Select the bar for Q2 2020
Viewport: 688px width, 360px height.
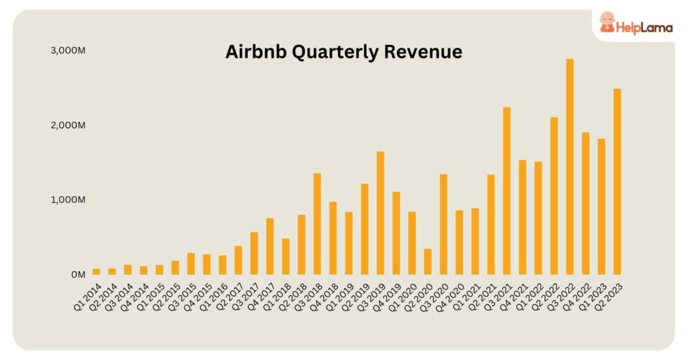pos(428,261)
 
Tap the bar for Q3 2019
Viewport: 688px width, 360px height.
pos(380,213)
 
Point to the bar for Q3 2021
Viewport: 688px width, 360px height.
pos(507,191)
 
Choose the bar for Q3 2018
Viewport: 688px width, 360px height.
pos(317,224)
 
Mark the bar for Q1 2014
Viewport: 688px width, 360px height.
pos(96,271)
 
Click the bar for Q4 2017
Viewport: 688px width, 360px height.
pos(270,246)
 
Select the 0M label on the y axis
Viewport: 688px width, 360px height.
pos(77,275)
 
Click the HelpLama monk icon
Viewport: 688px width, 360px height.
pos(608,22)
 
